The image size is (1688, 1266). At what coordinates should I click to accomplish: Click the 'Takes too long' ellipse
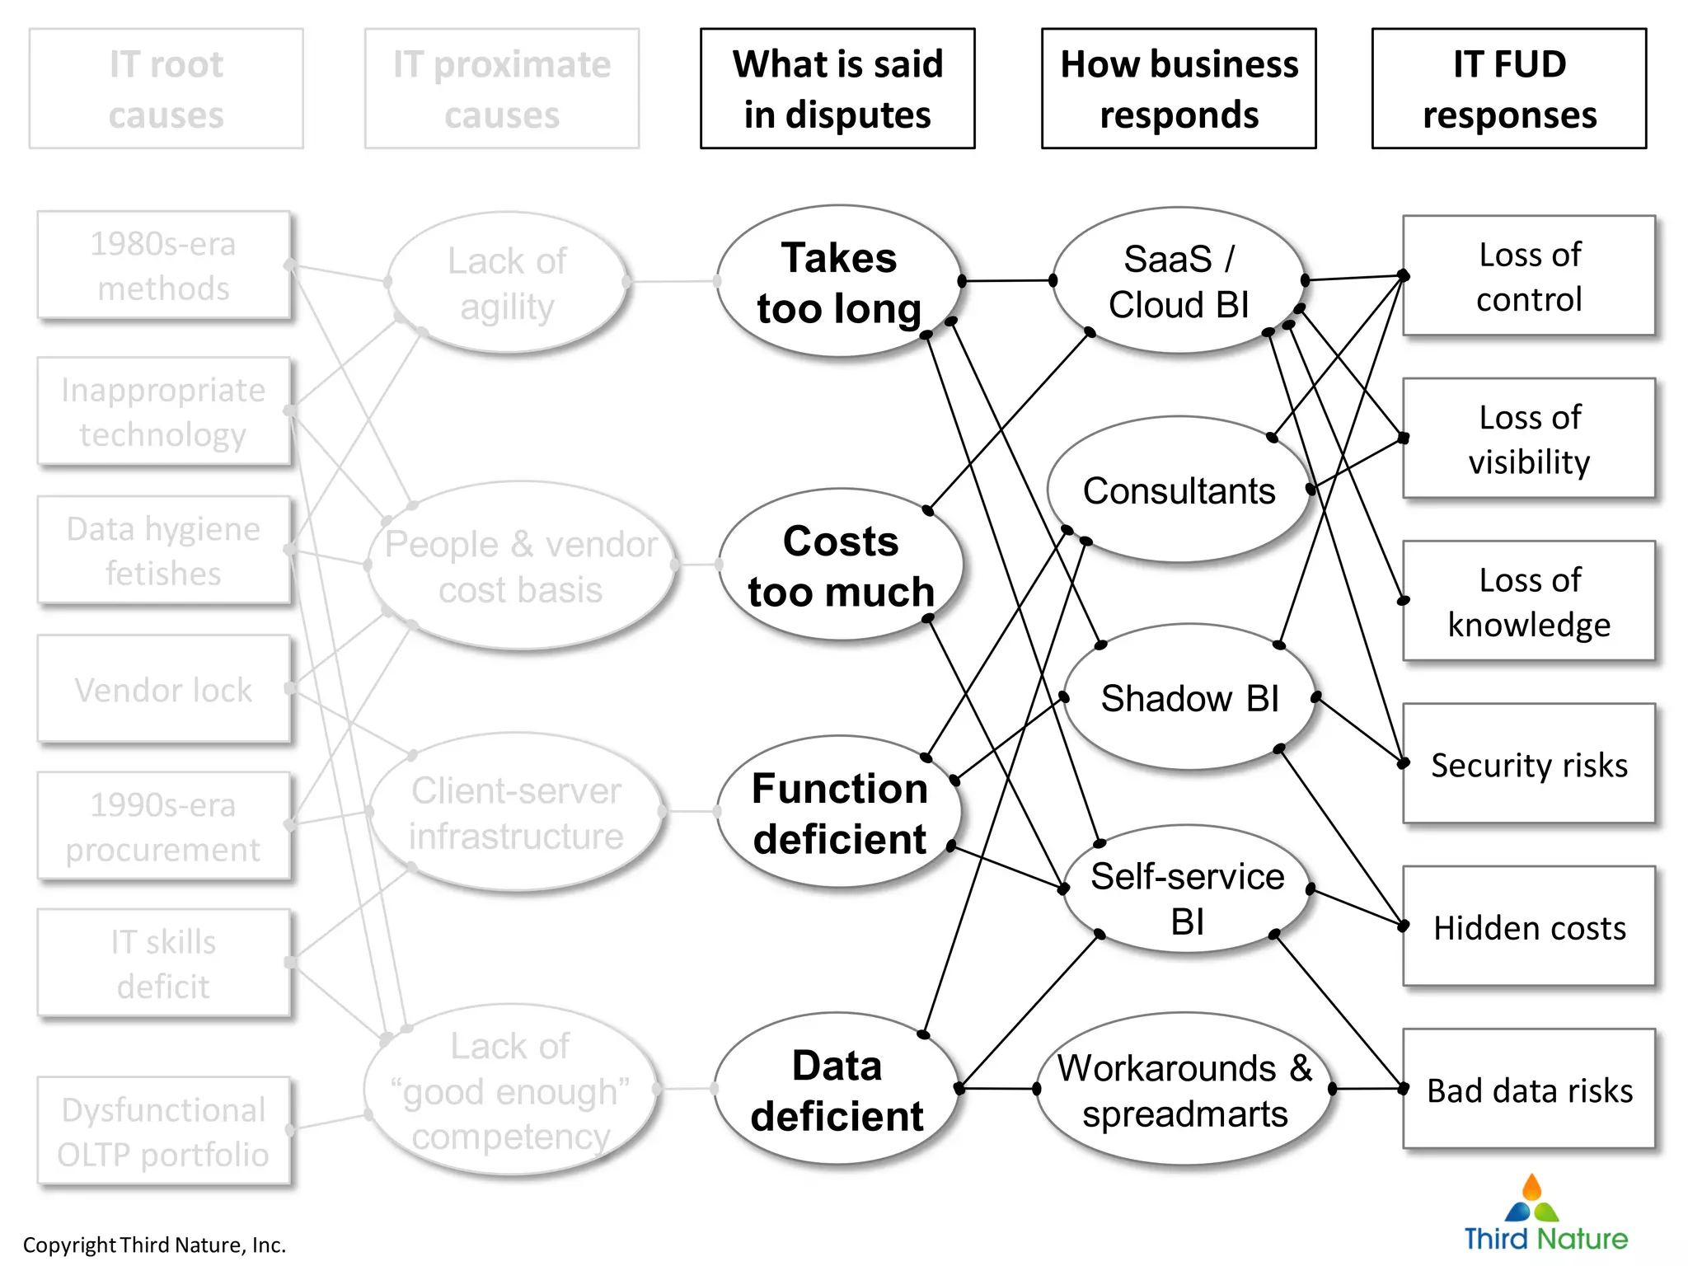[838, 282]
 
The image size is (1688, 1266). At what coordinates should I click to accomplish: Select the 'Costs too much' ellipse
[840, 565]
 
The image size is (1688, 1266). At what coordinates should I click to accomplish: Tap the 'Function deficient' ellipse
[838, 813]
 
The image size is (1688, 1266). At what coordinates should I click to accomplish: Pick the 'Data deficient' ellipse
[837, 1090]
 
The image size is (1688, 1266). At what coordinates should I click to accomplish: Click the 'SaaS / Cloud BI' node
[1179, 281]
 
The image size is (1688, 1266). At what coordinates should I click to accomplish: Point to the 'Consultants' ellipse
[1179, 490]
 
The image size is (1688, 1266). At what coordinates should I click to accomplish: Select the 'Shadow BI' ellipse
[1189, 698]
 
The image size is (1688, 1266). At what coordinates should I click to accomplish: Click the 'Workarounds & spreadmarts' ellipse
[1184, 1090]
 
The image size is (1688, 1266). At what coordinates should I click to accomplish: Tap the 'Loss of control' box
[1529, 276]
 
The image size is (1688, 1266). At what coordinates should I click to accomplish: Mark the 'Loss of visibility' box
[1529, 438]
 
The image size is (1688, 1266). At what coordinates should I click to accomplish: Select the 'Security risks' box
[1529, 764]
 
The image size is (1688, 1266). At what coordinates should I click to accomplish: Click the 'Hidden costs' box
[1529, 926]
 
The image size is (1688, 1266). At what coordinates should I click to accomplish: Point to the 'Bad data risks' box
[1529, 1089]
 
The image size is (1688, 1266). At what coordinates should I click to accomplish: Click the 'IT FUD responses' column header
[1509, 89]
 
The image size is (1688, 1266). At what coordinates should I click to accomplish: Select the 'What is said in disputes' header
[837, 89]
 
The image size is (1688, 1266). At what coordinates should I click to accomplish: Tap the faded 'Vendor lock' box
[164, 689]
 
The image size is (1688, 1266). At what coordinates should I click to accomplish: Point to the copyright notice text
[154, 1245]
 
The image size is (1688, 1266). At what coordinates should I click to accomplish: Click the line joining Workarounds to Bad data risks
[1368, 1089]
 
